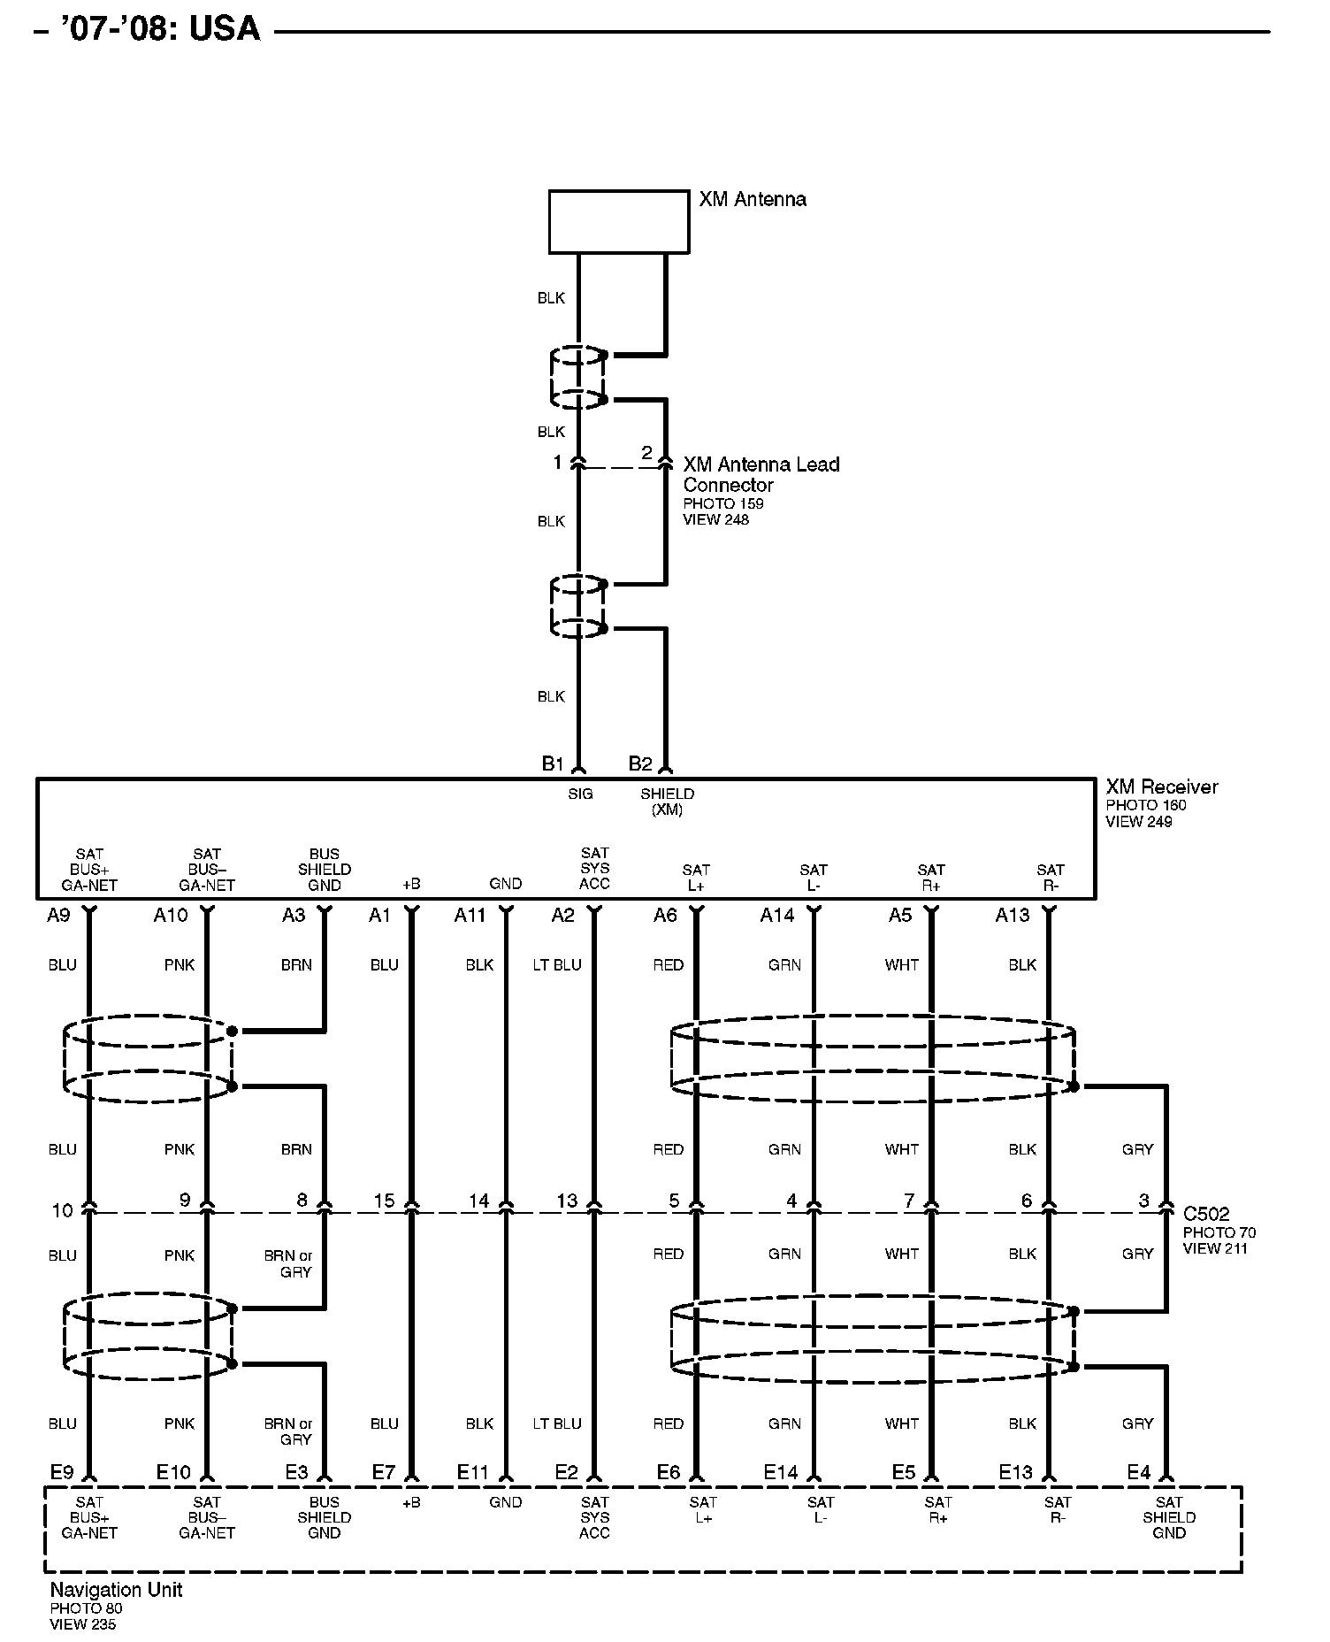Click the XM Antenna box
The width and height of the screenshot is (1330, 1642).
click(x=618, y=221)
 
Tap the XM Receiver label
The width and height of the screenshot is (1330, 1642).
click(x=1161, y=786)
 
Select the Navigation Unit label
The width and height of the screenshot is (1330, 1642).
click(x=116, y=1590)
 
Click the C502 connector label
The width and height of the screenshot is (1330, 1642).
click(x=1206, y=1214)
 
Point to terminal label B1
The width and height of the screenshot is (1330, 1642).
click(x=553, y=763)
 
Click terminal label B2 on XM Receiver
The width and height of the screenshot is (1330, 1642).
click(x=639, y=763)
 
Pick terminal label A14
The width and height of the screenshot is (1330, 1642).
click(x=777, y=916)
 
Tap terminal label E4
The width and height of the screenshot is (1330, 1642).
click(x=1138, y=1473)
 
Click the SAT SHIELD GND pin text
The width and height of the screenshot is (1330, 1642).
click(x=1168, y=1517)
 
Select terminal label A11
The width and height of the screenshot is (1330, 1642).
click(x=470, y=916)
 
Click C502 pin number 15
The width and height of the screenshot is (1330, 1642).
click(x=384, y=1201)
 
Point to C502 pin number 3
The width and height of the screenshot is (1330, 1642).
click(x=1143, y=1201)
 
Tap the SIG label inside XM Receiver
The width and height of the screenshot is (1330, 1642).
click(x=580, y=794)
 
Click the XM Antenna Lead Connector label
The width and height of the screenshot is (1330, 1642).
click(x=761, y=474)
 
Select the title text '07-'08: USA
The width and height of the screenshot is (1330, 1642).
click(x=160, y=29)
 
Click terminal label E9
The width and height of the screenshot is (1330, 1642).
click(x=62, y=1473)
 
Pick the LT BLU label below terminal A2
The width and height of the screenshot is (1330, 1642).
click(x=557, y=965)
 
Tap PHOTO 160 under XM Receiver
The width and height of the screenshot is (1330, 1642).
click(x=1145, y=805)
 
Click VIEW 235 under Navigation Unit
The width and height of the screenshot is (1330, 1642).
click(x=83, y=1624)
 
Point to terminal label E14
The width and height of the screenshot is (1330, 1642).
click(x=781, y=1473)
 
